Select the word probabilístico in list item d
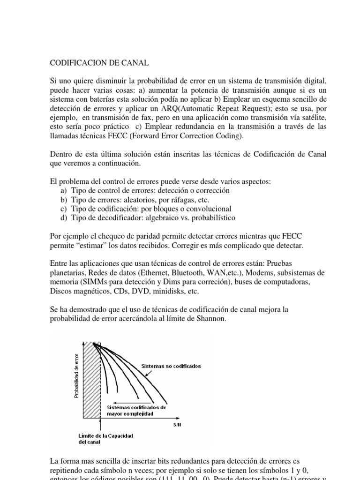point(213,218)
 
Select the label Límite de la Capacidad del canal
point(105,438)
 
